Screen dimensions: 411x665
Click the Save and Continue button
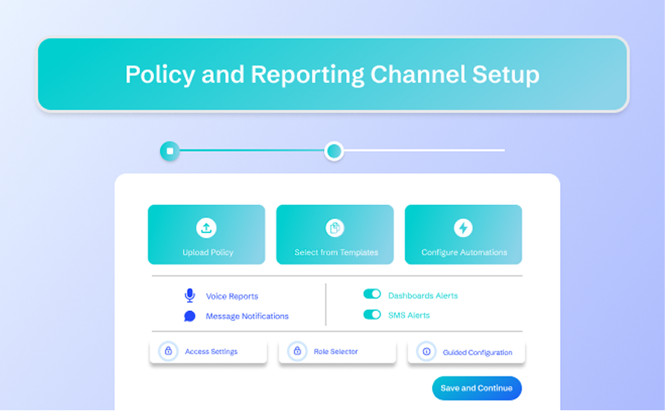476,388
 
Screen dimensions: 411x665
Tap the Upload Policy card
207,235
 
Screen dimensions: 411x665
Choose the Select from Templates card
335,235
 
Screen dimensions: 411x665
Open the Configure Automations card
463,235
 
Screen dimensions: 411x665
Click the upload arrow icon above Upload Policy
207,227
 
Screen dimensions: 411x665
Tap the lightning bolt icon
463,227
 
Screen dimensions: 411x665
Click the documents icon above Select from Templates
335,227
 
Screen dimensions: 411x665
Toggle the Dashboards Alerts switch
372,295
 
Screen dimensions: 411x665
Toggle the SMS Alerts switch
372,314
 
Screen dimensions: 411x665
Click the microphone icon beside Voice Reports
189,295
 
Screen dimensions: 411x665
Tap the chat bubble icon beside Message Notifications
189,316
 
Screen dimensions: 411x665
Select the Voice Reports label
232,296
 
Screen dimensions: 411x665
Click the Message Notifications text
247,316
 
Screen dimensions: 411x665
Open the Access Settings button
208,351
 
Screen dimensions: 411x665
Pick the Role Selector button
337,351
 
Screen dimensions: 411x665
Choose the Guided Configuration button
466,352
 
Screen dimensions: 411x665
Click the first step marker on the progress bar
170,151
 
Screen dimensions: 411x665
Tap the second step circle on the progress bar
334,151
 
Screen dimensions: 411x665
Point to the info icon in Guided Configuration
426,351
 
